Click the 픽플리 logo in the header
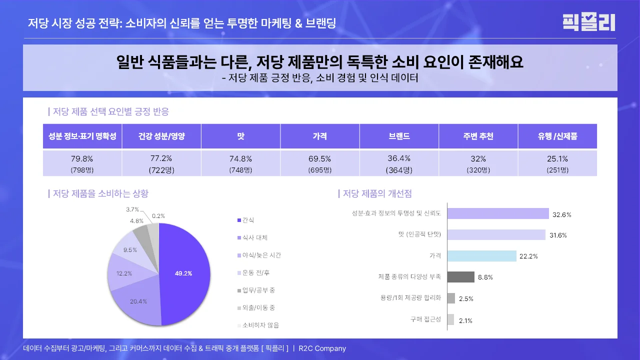point(588,22)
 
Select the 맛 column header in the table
point(240,136)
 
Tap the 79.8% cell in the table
point(82,159)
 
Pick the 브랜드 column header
point(399,136)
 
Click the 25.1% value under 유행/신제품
point(557,159)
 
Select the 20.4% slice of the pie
point(137,302)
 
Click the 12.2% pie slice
point(122,272)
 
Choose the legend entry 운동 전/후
point(253,273)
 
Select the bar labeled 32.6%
point(498,214)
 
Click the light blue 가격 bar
point(481,256)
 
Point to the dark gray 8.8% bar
point(460,277)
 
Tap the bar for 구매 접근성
point(450,319)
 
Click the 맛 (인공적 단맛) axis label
point(419,234)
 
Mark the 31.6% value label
point(558,235)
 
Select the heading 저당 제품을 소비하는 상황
point(100,193)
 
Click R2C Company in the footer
point(322,348)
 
